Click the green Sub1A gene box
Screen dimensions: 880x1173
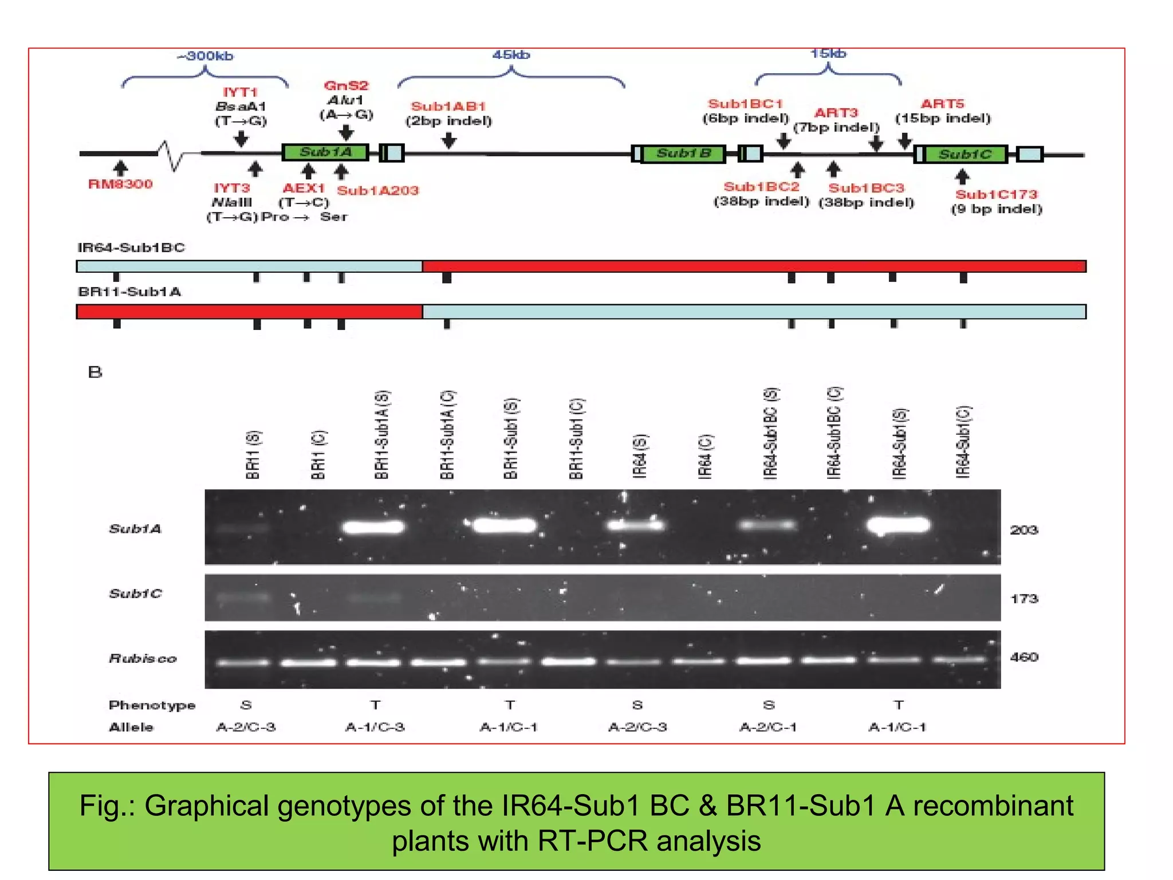pyautogui.click(x=325, y=152)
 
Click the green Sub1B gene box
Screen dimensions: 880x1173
pyautogui.click(x=683, y=154)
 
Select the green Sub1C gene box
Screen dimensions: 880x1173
pyautogui.click(x=965, y=155)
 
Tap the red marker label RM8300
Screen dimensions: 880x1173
pyautogui.click(x=120, y=184)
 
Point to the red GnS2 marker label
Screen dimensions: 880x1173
pyautogui.click(x=346, y=86)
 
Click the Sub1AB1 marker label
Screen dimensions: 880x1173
pyautogui.click(x=448, y=107)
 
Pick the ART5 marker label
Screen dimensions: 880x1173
pyautogui.click(x=942, y=104)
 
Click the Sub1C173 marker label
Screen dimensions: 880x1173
pyautogui.click(x=996, y=195)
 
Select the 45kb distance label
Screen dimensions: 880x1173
pyautogui.click(x=511, y=55)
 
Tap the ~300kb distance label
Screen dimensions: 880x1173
pyautogui.click(x=205, y=56)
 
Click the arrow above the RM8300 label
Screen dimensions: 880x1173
pyautogui.click(x=120, y=168)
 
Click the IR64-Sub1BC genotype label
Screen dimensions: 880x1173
pyautogui.click(x=131, y=247)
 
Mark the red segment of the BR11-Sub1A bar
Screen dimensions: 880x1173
pyautogui.click(x=249, y=312)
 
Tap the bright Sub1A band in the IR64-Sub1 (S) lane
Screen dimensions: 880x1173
pyautogui.click(x=898, y=525)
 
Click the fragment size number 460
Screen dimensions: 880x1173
pyautogui.click(x=1024, y=657)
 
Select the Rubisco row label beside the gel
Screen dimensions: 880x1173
pyautogui.click(x=143, y=659)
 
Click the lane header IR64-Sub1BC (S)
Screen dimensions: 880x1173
pyautogui.click(x=771, y=433)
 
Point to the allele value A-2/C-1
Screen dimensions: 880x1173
pyautogui.click(x=767, y=727)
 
